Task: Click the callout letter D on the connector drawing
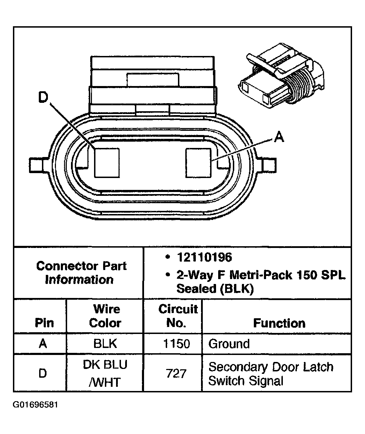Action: (43, 98)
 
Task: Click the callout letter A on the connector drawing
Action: (279, 137)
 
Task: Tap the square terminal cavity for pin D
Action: (107, 162)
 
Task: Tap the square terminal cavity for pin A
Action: (199, 162)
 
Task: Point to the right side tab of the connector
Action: (269, 164)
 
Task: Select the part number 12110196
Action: (204, 258)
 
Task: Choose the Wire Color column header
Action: (105, 316)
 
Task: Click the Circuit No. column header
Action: (178, 316)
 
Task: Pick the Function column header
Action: (279, 323)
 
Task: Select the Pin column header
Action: (44, 323)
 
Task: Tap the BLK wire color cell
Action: (105, 343)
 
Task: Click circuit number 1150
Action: (177, 343)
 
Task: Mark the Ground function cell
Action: (229, 343)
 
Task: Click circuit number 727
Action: (177, 373)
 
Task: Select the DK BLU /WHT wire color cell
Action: (105, 373)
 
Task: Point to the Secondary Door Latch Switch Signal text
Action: (271, 373)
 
